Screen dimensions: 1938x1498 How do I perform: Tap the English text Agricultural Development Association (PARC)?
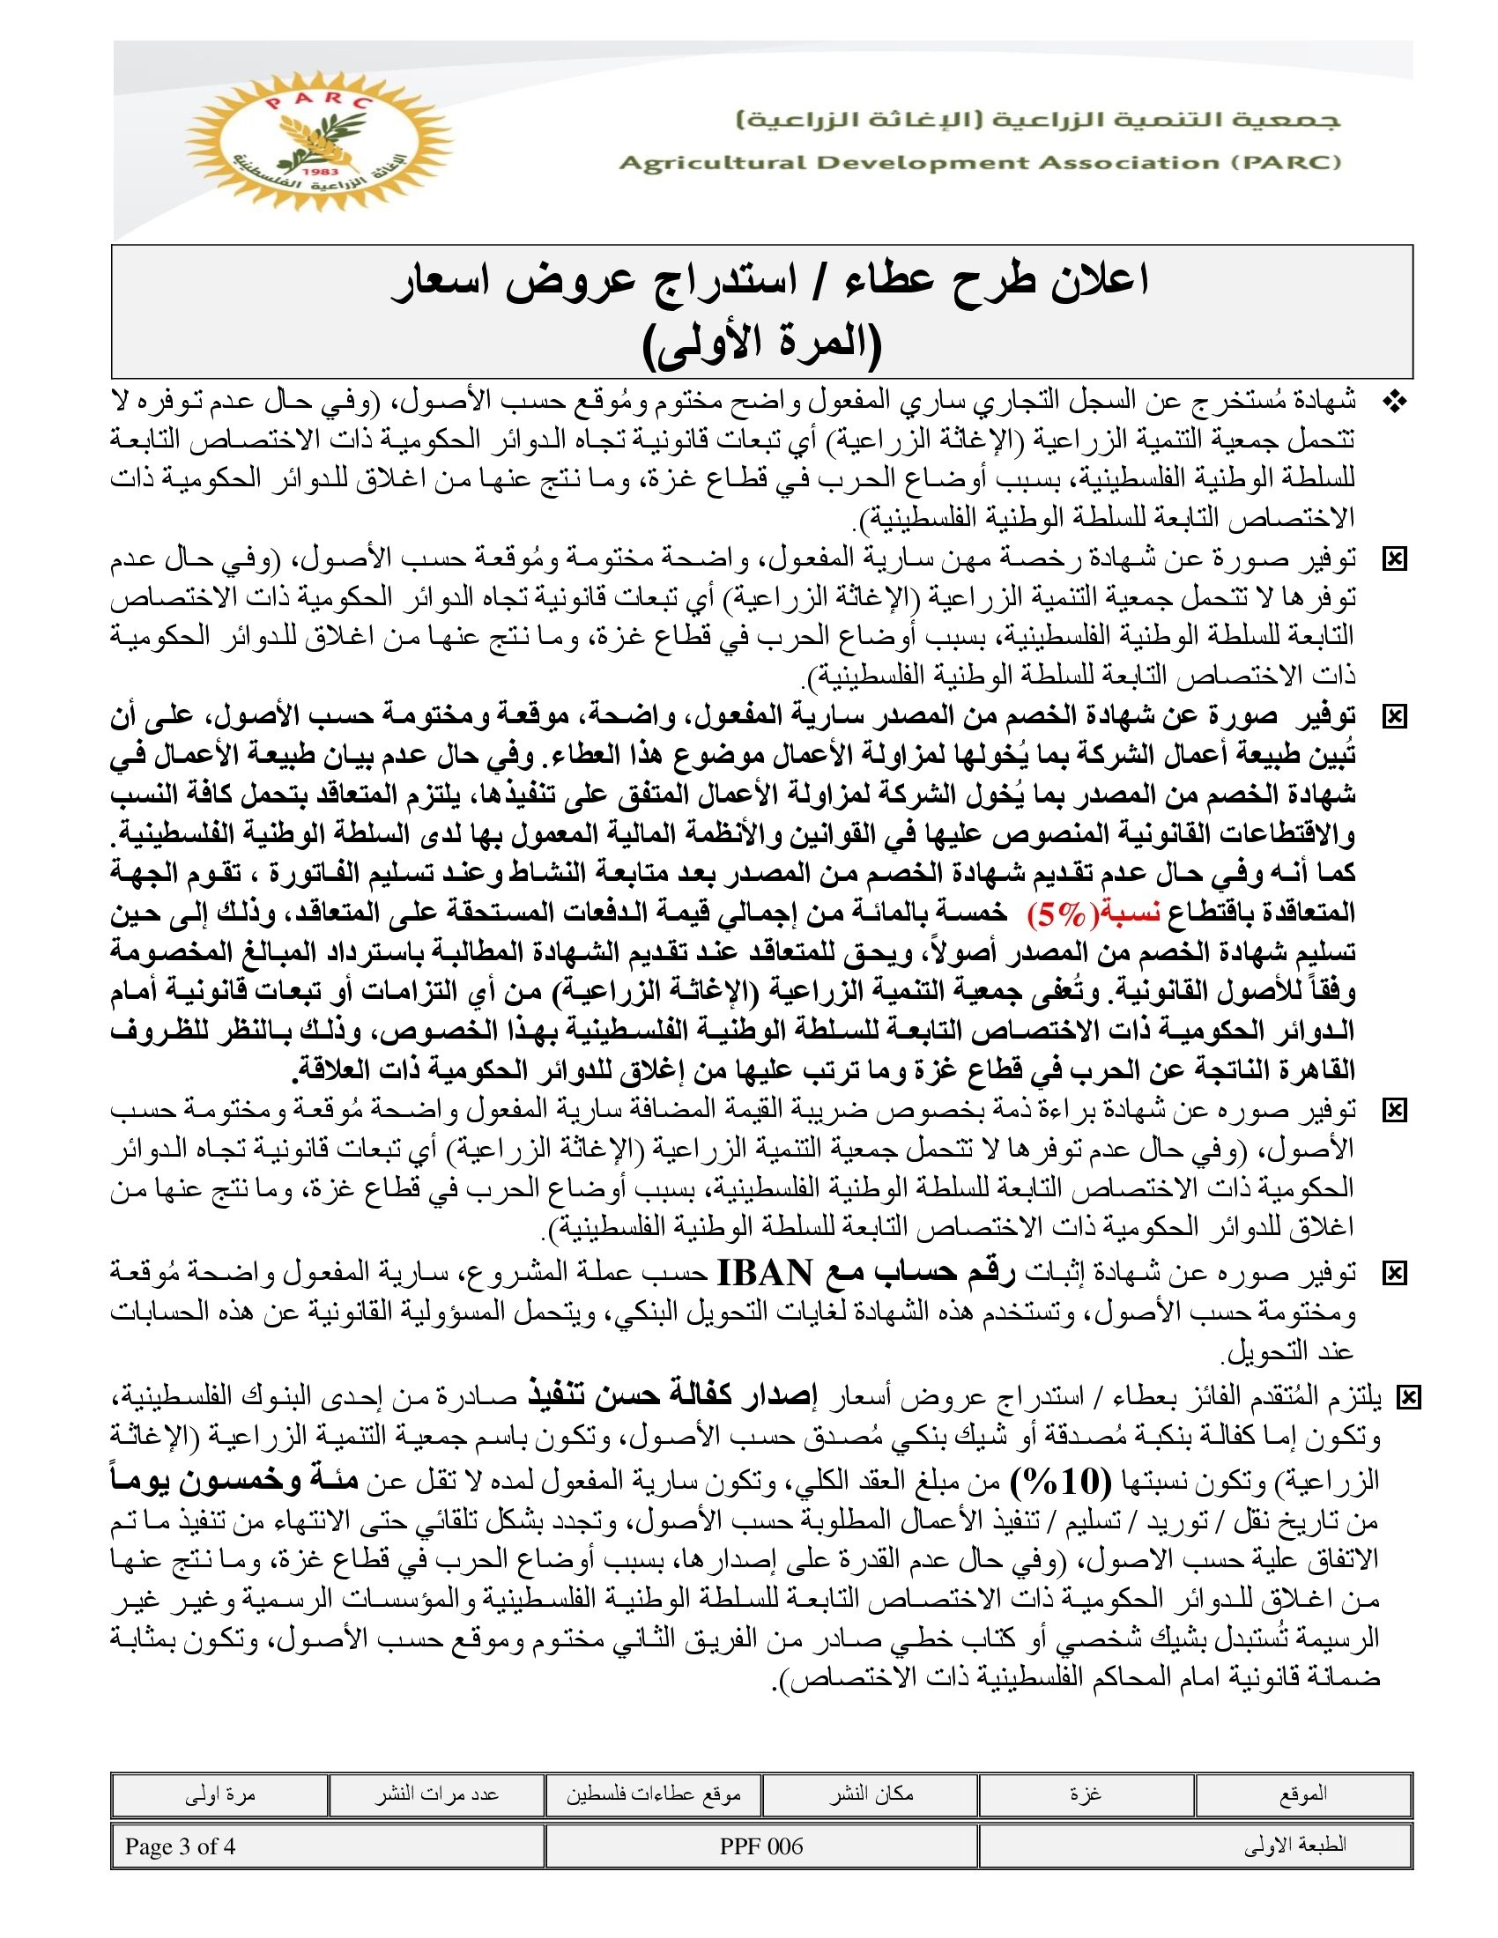(x=980, y=163)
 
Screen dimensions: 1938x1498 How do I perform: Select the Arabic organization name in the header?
(x=1038, y=121)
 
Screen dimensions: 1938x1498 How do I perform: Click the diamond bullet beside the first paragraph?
(x=1395, y=403)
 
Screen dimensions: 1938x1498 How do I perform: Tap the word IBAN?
(x=764, y=1274)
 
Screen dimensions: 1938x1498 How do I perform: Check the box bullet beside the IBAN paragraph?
(x=1394, y=1275)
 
